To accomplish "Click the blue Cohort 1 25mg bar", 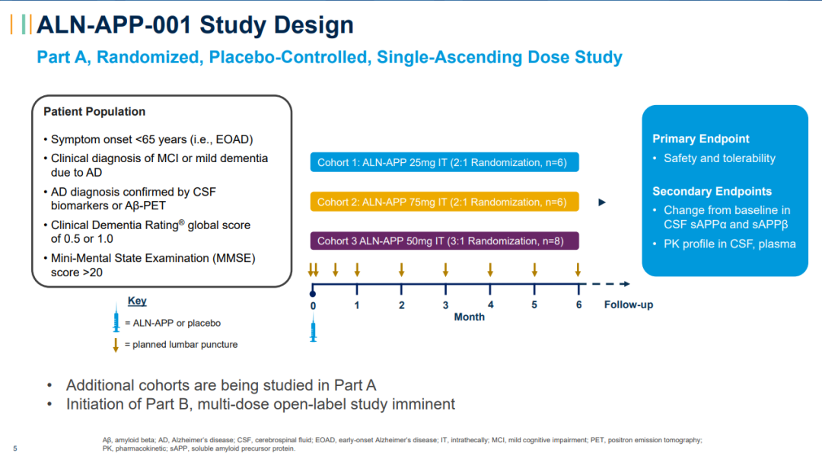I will coord(444,162).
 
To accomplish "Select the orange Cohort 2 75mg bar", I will coord(444,202).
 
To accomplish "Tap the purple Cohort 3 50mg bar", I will coord(444,241).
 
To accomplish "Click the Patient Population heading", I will coord(94,112).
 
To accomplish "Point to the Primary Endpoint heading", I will coord(701,139).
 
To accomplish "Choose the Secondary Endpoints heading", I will coord(712,192).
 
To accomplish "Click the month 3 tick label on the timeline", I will coord(446,305).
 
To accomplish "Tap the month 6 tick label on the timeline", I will coord(579,305).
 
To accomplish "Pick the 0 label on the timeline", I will coord(313,305).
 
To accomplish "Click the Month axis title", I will coord(469,317).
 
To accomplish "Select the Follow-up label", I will coord(629,305).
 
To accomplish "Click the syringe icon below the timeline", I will coord(313,331).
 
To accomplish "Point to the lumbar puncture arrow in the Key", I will coord(116,345).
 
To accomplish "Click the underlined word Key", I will coord(137,301).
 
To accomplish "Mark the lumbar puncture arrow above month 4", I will coord(490,269).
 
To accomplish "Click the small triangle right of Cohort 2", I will coord(602,202).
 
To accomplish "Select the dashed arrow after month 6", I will coord(609,284).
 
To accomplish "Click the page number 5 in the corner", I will coord(14,448).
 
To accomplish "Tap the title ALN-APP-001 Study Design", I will coord(195,25).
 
